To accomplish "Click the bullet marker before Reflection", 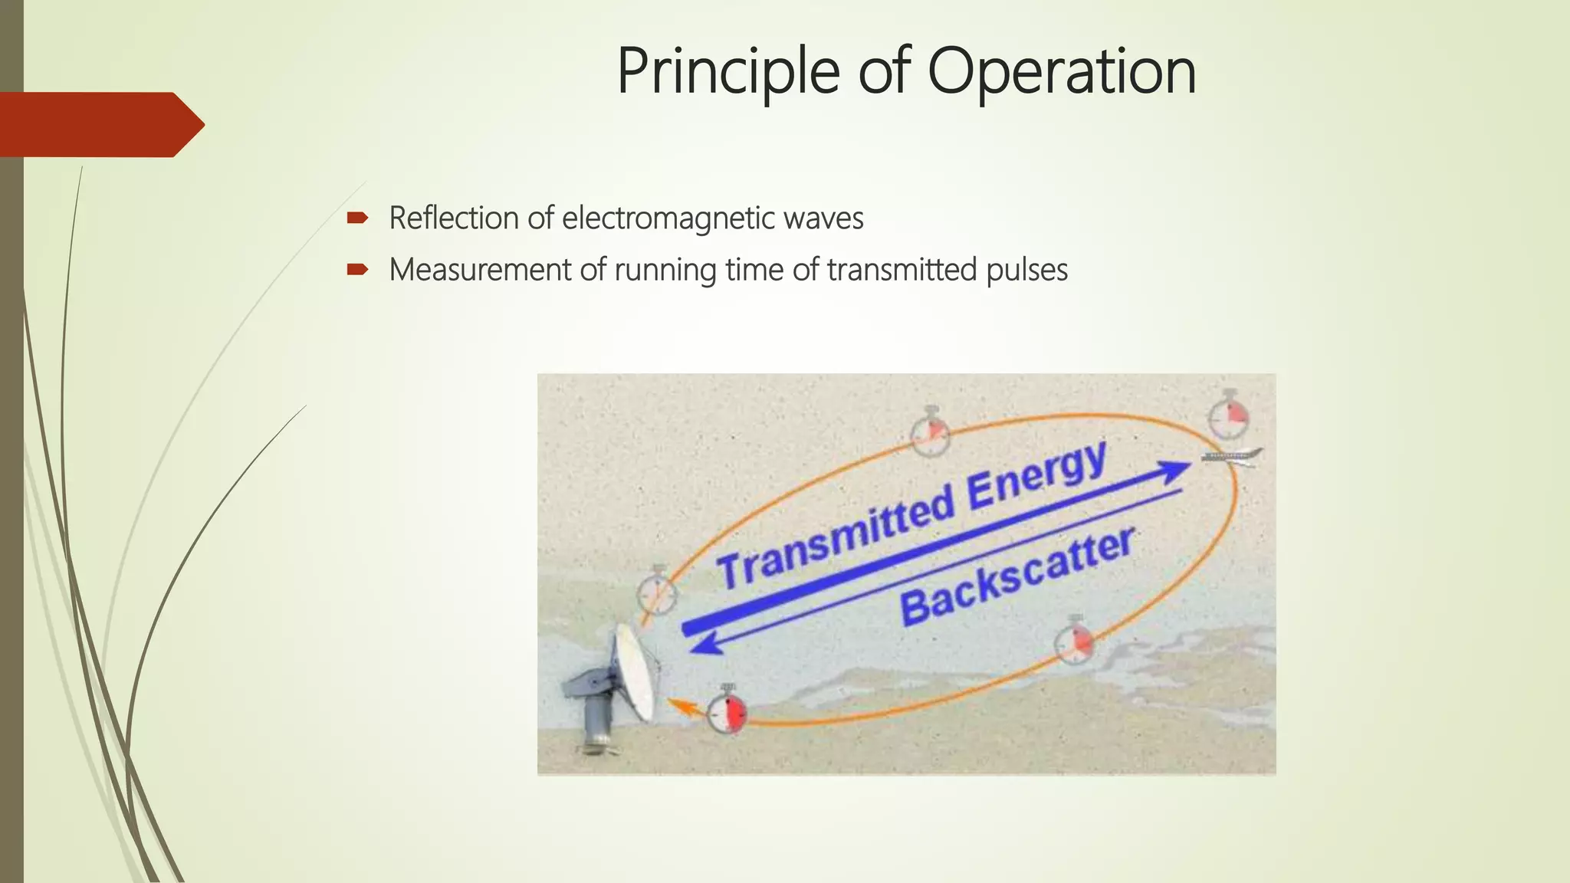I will tap(357, 218).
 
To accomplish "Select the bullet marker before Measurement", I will tap(357, 270).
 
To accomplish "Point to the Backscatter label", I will tap(1017, 577).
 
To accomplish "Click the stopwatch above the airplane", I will tap(1228, 416).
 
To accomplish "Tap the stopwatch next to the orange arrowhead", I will tap(726, 712).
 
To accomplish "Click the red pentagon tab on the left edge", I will tap(100, 124).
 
